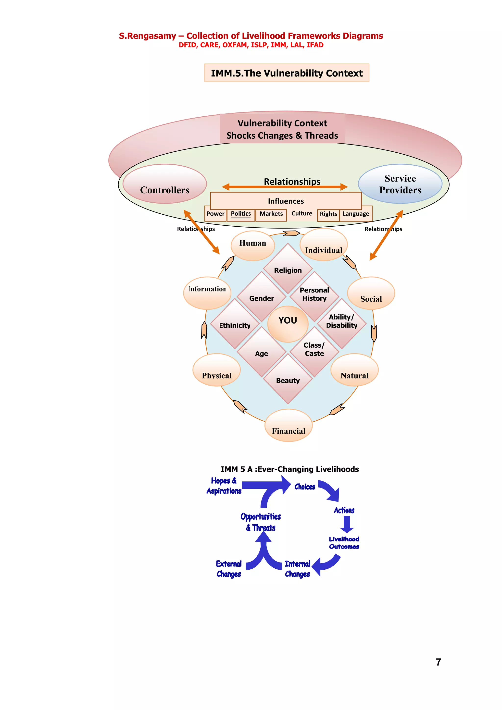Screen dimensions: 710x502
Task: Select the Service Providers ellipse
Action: click(x=400, y=184)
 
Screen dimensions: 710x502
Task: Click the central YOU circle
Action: click(x=288, y=324)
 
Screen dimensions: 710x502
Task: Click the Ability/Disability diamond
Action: click(x=341, y=323)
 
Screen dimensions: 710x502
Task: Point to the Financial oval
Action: click(x=288, y=426)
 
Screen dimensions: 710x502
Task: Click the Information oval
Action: click(x=207, y=293)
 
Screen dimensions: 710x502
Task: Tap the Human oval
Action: click(x=252, y=245)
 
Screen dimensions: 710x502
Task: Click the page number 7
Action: click(x=438, y=662)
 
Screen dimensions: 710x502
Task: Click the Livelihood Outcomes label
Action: click(x=344, y=543)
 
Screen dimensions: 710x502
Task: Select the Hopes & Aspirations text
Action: click(x=224, y=486)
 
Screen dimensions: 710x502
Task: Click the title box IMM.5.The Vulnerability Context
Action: click(x=287, y=73)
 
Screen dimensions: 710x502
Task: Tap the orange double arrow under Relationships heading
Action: click(x=285, y=187)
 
